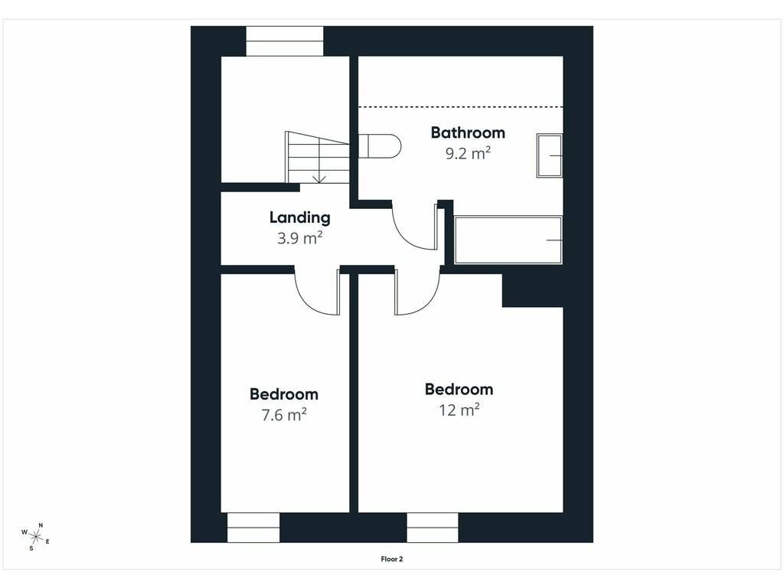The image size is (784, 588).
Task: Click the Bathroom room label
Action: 468,132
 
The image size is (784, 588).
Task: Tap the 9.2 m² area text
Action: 468,153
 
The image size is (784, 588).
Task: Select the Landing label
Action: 300,217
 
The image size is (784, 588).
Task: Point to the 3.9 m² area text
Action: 299,238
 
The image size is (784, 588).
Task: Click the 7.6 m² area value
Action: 284,415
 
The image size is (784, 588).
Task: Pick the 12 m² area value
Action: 459,410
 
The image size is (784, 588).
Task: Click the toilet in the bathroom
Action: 380,146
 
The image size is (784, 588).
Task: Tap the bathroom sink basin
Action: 550,155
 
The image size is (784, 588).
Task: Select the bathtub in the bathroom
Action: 508,240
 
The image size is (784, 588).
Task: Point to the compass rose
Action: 35,537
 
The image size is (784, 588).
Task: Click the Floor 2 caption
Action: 392,559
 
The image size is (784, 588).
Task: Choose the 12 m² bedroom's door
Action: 417,292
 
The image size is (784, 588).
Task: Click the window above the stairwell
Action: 285,41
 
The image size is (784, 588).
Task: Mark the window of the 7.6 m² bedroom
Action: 253,528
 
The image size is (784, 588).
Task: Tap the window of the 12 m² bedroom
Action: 433,528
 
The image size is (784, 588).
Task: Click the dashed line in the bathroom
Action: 461,107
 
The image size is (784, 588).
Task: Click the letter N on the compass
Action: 41,525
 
